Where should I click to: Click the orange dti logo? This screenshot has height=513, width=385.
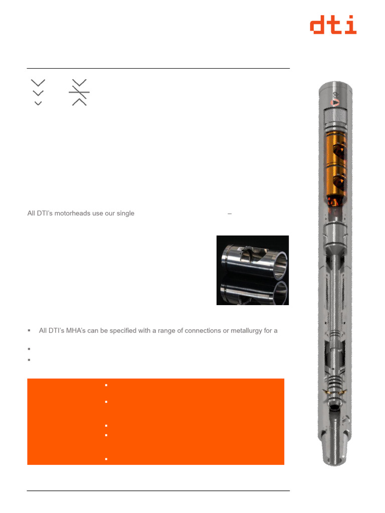(x=333, y=25)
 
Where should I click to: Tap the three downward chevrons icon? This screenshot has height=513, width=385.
(x=38, y=92)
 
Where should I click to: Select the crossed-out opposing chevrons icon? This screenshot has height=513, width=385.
(x=79, y=92)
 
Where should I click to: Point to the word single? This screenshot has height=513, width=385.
(x=125, y=213)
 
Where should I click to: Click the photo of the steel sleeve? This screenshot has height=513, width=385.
(x=253, y=270)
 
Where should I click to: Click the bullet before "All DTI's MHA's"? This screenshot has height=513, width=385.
(x=29, y=331)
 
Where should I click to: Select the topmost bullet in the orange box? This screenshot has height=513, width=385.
(x=107, y=385)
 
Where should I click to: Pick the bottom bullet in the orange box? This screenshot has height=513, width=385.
(x=107, y=459)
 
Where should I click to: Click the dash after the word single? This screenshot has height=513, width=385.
(x=230, y=213)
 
